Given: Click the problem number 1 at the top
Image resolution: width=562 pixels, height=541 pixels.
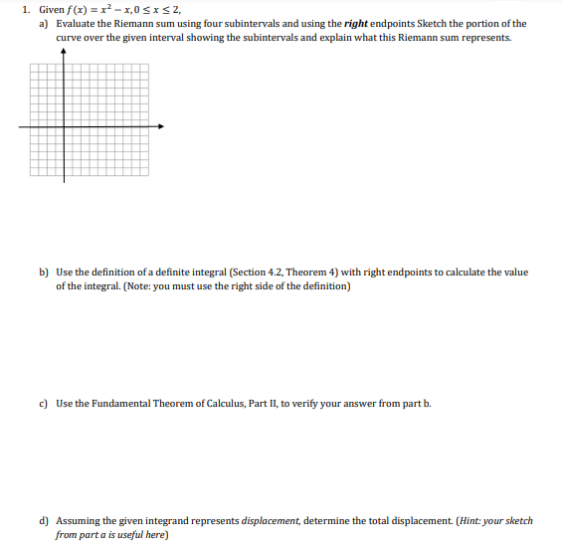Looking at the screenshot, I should point(24,9).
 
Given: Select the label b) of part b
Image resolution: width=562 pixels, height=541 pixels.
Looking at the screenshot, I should point(44,271).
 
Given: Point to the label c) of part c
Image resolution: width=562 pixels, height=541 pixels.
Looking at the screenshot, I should point(44,403).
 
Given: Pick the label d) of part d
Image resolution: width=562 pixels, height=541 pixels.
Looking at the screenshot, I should point(44,520).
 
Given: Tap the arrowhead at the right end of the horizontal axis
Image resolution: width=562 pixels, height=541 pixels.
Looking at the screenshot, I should point(159,125).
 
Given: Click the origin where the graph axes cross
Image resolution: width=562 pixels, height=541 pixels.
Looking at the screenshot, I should point(66,125).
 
